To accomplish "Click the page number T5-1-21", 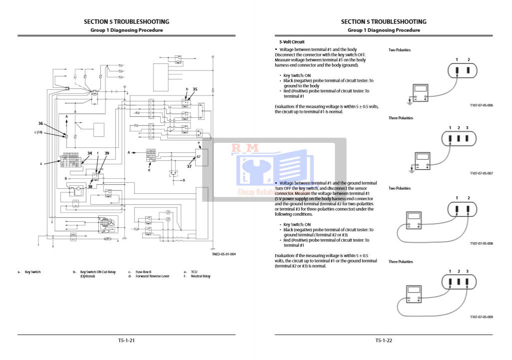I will (126, 341).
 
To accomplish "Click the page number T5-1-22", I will (384, 341).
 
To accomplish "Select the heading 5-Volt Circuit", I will (292, 42).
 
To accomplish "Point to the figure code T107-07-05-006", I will (482, 105).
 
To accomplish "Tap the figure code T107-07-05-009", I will (482, 317).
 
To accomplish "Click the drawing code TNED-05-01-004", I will (223, 254).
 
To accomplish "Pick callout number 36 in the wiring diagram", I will (41, 123).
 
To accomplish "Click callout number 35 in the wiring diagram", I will (195, 89).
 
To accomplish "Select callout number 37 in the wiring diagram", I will (189, 166).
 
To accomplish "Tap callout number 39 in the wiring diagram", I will (107, 153).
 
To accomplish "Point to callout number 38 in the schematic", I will (90, 186).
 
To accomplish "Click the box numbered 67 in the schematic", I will (198, 157).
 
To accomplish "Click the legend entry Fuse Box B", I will (143, 272).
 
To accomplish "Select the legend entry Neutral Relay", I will (201, 276).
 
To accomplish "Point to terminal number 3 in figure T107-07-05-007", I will (468, 128).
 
